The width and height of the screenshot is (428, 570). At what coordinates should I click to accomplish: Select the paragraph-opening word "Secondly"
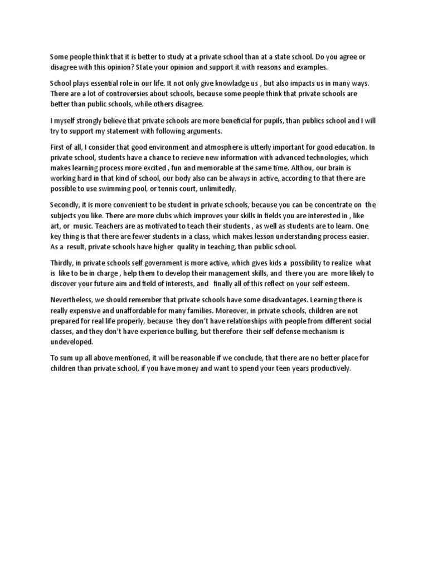click(x=66, y=204)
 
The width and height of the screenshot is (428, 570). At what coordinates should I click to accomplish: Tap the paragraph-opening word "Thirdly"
click(x=62, y=262)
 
